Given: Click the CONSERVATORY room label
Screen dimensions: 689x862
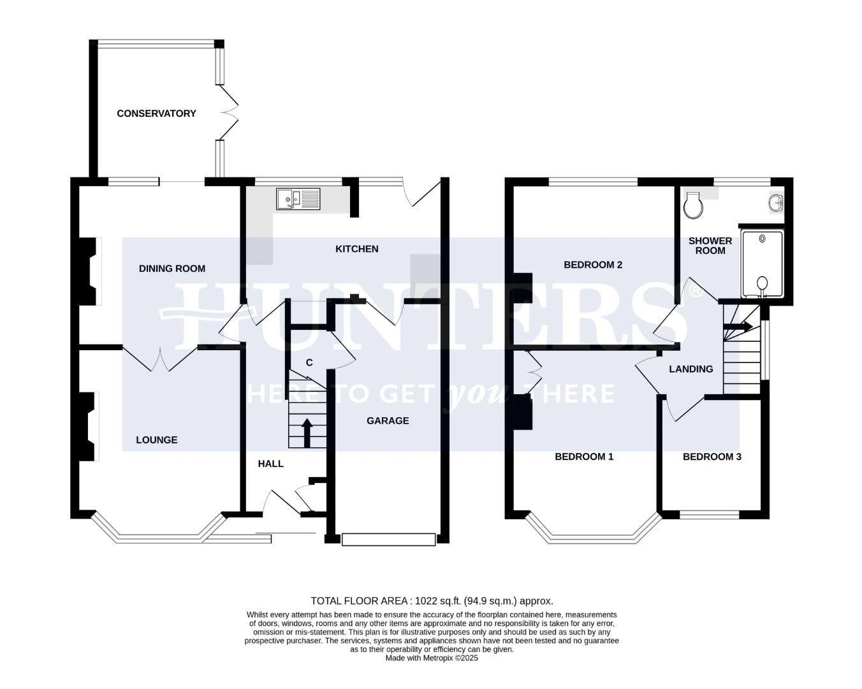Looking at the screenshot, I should pos(156,114).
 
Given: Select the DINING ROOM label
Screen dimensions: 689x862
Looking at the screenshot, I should pos(172,269).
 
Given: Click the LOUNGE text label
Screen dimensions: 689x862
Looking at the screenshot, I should pos(156,440).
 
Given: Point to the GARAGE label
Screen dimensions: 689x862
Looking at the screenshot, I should pos(388,421).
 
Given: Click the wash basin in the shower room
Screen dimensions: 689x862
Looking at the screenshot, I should pos(776,203).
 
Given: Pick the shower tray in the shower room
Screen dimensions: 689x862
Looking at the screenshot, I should pos(762,264).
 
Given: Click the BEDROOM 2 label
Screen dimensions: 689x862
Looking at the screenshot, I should pos(593,265).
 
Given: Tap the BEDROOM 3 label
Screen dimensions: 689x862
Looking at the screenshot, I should pos(712,457).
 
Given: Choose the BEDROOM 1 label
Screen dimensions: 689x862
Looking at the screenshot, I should pos(584,457).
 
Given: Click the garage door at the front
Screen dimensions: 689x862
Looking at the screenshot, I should pos(388,540).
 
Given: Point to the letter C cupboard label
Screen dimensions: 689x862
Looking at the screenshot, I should pos(309,363).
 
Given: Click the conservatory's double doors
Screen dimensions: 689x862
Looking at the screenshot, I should pos(228,114).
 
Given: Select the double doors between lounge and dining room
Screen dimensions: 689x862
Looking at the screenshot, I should pos(160,359).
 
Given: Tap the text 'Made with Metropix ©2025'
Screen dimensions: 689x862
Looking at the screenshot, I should pos(432,658).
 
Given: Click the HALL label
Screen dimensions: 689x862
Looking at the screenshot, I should pos(270,464).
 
